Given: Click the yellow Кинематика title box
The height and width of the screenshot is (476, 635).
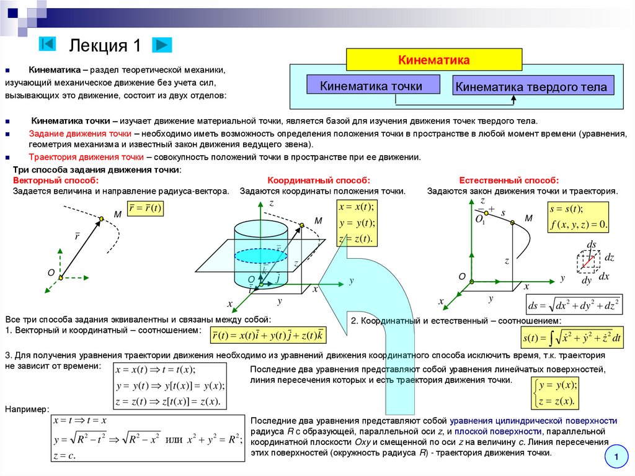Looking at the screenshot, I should [x=433, y=60].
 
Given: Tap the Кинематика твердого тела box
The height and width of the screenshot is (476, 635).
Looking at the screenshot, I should [x=531, y=86].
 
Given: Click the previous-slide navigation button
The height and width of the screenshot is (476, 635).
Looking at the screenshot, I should [x=47, y=45].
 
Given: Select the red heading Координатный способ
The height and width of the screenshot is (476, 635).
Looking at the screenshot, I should [x=319, y=180].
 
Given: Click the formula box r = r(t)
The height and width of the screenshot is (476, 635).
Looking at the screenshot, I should [x=144, y=209].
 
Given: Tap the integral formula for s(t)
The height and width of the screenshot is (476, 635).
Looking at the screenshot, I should [x=572, y=338].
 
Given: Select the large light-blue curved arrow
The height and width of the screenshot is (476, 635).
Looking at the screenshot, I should [x=378, y=310].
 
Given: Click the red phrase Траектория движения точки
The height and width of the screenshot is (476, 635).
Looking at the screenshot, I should [x=86, y=157].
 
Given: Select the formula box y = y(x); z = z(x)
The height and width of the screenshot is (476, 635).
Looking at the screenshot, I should [x=556, y=393].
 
